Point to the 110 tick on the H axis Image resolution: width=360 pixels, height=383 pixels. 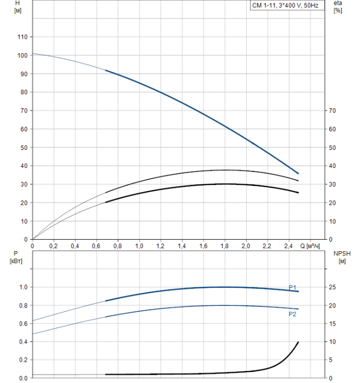pyautogui.click(x=22, y=37)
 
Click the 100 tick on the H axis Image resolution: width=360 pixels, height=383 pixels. pyautogui.click(x=22, y=55)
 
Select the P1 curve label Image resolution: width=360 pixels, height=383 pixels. pyautogui.click(x=293, y=287)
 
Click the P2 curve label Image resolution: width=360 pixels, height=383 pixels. pyautogui.click(x=293, y=314)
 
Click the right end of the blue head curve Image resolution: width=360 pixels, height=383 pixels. pyautogui.click(x=298, y=173)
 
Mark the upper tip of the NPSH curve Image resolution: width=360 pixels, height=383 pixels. pyautogui.click(x=298, y=342)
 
